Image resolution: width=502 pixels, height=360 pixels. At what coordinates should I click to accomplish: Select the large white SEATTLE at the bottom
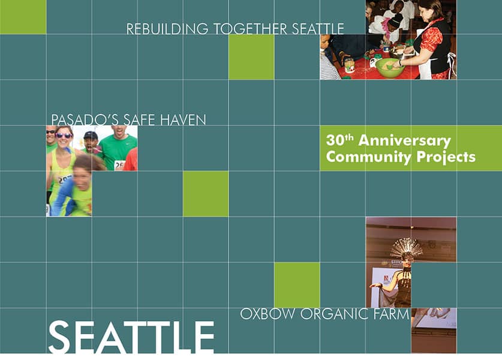131,337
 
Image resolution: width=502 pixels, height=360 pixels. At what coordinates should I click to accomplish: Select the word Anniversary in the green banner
404,141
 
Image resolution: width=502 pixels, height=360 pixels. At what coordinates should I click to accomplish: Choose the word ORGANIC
334,314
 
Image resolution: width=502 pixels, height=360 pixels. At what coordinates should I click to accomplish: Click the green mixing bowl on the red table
390,68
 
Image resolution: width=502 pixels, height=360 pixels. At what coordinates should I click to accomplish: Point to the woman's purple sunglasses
64,136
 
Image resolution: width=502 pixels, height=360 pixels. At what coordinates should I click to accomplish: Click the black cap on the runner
91,136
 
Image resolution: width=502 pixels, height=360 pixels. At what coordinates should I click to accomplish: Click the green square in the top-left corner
23,17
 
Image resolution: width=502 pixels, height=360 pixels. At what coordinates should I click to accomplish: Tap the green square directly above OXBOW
297,285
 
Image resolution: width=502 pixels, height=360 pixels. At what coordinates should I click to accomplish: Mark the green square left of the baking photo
251,57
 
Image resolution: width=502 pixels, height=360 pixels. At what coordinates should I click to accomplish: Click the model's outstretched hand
372,286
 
